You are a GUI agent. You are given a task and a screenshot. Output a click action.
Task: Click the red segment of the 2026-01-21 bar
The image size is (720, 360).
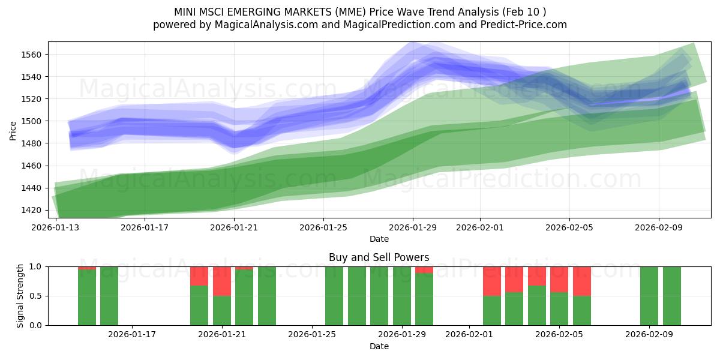click(x=222, y=281)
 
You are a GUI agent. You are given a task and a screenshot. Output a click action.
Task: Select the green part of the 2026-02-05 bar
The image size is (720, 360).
click(x=559, y=308)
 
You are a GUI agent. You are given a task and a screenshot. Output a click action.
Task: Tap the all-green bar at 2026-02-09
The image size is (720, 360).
click(x=649, y=296)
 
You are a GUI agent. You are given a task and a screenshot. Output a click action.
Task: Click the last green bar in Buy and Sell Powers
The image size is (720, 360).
click(x=672, y=296)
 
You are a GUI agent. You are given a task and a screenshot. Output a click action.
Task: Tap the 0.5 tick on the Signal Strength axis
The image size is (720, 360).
click(x=36, y=296)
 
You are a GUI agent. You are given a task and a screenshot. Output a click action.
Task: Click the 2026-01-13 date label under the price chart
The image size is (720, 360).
click(x=56, y=227)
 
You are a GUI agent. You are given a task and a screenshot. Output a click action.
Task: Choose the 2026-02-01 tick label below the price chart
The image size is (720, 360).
click(x=479, y=227)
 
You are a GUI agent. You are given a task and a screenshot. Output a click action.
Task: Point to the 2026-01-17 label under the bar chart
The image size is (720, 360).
click(x=132, y=335)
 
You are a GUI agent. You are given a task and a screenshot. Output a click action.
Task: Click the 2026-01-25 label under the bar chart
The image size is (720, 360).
click(x=312, y=335)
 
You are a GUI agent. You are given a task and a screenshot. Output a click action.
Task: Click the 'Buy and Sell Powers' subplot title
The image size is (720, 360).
click(x=379, y=257)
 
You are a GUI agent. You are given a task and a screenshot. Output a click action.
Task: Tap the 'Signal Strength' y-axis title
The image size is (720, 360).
click(x=20, y=296)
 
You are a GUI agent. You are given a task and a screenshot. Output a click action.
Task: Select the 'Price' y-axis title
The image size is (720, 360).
click(x=13, y=130)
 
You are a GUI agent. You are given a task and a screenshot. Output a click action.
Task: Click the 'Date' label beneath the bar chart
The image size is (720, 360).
click(x=379, y=346)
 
